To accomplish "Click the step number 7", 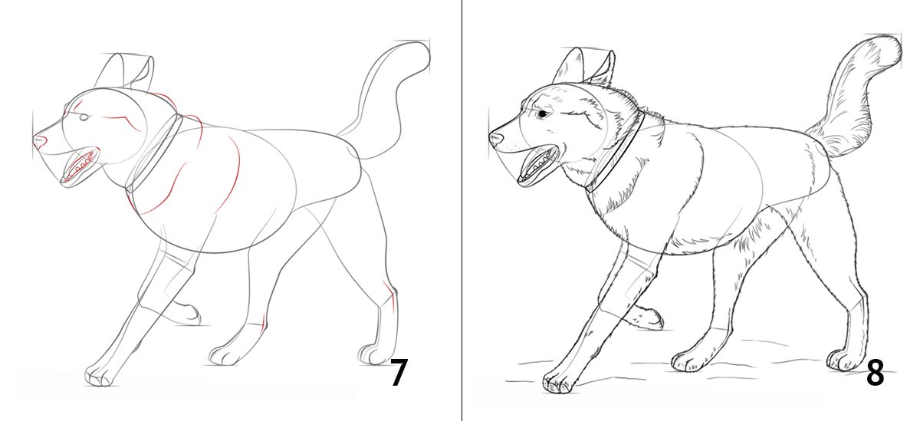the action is coord(399,372).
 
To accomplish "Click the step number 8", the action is coord(876,372).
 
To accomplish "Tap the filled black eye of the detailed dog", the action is coord(543,113).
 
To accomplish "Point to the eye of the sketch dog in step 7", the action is coord(84,118).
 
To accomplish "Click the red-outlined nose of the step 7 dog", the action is coord(40,141).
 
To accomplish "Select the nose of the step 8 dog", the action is coord(495,137).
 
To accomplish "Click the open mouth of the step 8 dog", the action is coord(537,165).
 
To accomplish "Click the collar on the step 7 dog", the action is coord(154,153).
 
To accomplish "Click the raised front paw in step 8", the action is coord(646,319).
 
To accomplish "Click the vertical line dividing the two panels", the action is coord(462,210).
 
